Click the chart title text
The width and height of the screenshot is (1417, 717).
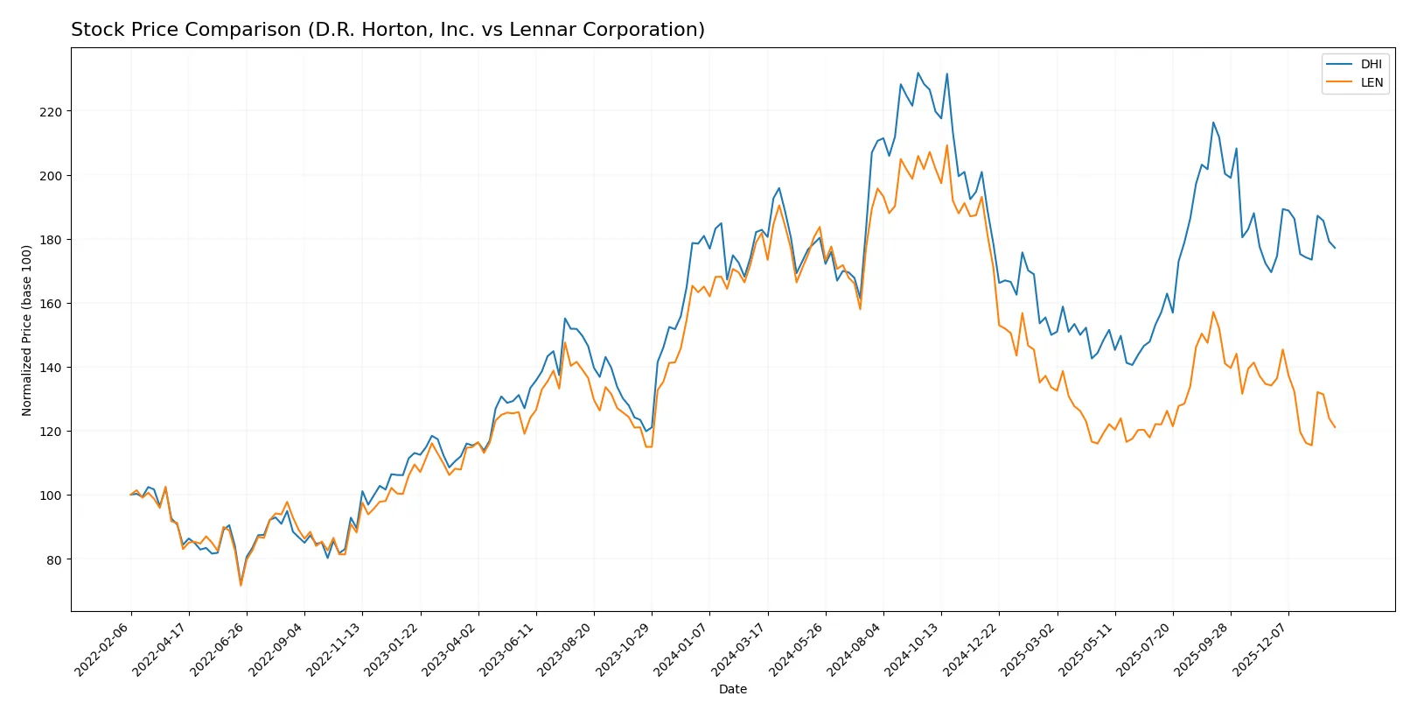point(387,30)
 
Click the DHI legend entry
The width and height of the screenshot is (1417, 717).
point(1371,64)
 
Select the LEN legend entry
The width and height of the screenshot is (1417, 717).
point(1371,82)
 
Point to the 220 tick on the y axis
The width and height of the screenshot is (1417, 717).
point(51,112)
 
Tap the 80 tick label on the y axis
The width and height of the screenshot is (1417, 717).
point(54,559)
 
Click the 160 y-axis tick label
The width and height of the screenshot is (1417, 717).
point(51,304)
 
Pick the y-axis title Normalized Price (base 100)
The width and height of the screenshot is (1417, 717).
point(26,330)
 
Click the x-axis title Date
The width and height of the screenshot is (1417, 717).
point(732,689)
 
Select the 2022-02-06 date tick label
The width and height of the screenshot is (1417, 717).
point(103,650)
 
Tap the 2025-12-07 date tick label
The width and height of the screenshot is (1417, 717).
point(1260,650)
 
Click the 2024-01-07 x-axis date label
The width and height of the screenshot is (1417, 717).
point(681,650)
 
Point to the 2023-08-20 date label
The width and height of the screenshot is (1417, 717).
point(566,650)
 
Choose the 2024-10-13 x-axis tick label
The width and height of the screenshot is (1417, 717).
point(913,650)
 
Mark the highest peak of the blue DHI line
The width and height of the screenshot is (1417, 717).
point(918,73)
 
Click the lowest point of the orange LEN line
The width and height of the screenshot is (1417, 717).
point(241,585)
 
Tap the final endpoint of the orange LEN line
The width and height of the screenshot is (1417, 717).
point(1335,427)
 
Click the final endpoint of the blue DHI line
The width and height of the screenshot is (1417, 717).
point(1335,248)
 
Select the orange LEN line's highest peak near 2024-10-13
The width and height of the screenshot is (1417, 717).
point(946,145)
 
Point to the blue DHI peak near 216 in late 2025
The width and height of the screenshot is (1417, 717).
point(1213,123)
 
